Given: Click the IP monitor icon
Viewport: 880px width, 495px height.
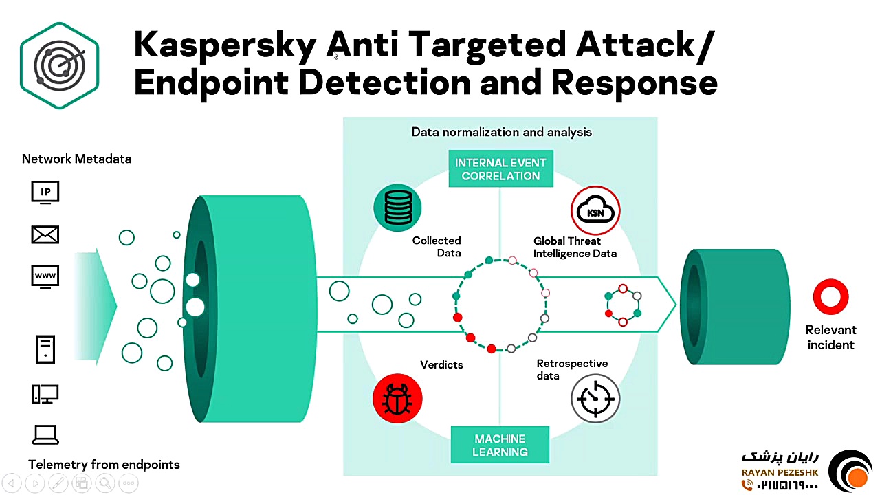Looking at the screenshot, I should pyautogui.click(x=45, y=192).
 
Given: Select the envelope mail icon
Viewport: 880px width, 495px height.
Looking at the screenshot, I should pyautogui.click(x=45, y=235).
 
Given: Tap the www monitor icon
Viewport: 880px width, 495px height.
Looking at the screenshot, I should pyautogui.click(x=45, y=276).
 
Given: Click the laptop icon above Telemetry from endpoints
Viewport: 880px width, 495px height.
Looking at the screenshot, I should pyautogui.click(x=45, y=434).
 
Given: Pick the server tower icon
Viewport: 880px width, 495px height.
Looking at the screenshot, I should pyautogui.click(x=45, y=349).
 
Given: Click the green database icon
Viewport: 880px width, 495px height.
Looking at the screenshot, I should pyautogui.click(x=397, y=208).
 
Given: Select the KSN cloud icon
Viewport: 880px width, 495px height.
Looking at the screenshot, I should pyautogui.click(x=595, y=210).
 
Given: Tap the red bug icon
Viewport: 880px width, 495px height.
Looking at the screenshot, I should pyautogui.click(x=397, y=399).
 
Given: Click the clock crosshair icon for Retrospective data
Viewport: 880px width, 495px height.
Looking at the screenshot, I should pyautogui.click(x=595, y=398).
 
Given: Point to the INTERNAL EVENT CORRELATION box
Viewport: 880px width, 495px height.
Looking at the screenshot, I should pyautogui.click(x=500, y=169).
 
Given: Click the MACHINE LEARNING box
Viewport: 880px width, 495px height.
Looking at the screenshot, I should pyautogui.click(x=500, y=445).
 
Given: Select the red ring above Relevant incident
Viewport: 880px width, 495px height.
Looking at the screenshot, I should pyautogui.click(x=830, y=296).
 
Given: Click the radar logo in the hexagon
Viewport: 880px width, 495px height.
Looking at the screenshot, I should pyautogui.click(x=60, y=65).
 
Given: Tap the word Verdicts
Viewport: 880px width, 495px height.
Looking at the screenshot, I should pyautogui.click(x=441, y=364).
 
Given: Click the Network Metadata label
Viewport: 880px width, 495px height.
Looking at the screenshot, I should pyautogui.click(x=76, y=159).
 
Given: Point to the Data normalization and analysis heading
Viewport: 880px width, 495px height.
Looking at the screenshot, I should pyautogui.click(x=501, y=132).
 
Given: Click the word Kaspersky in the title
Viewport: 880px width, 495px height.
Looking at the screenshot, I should pyautogui.click(x=225, y=45).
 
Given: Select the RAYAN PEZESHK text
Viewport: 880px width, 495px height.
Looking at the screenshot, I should pyautogui.click(x=779, y=472).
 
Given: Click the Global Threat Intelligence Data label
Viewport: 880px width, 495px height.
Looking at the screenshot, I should pyautogui.click(x=575, y=247).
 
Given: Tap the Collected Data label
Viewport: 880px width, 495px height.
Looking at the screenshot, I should pyautogui.click(x=437, y=246).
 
